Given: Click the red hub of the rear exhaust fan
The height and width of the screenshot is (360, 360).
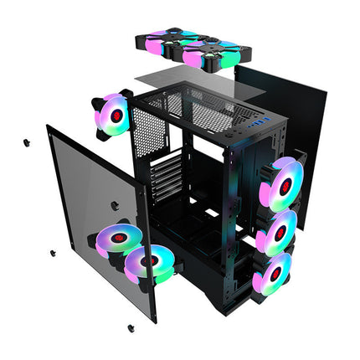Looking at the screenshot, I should point(118,112).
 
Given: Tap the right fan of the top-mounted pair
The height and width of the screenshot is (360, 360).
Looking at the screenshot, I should point(203,54).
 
